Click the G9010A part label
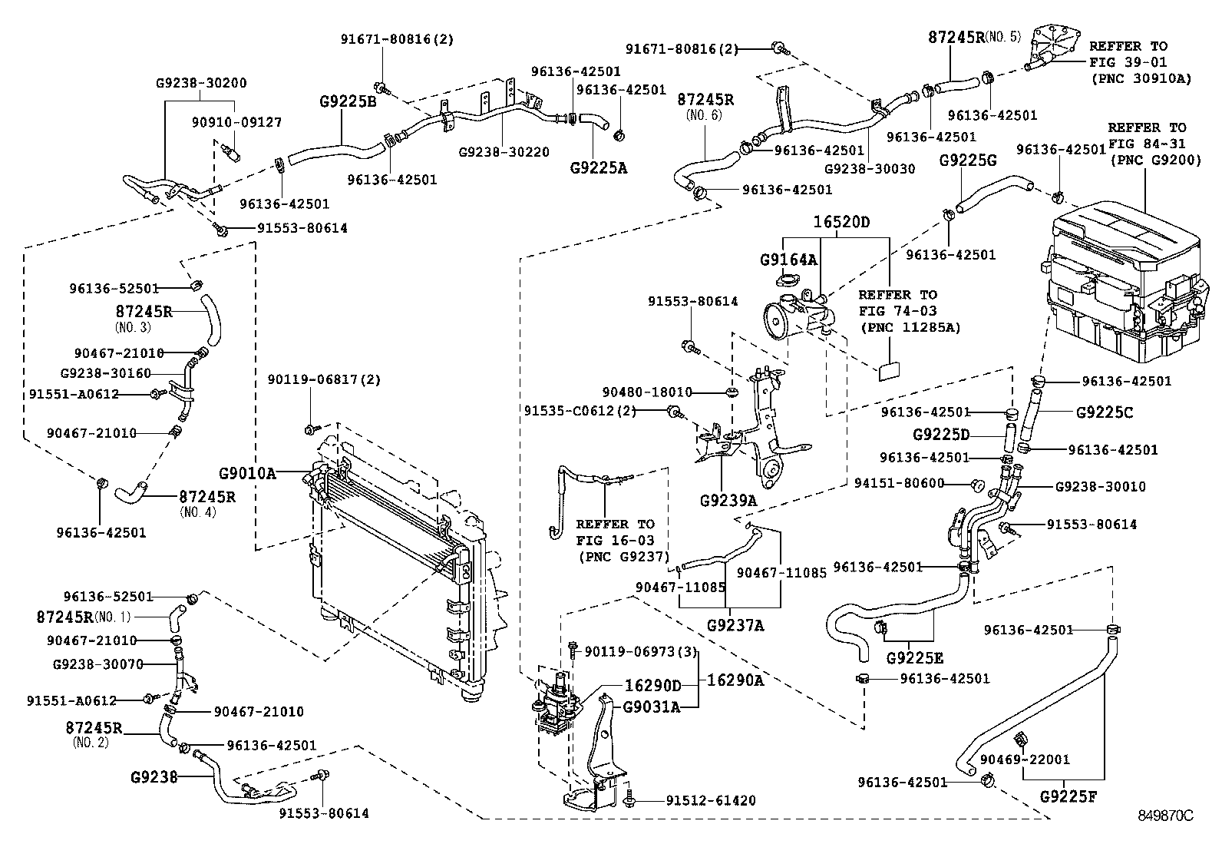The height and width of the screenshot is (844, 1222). tap(247, 473)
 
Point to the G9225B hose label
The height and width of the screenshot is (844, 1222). tap(348, 100)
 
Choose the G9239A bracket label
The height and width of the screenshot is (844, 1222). tap(728, 501)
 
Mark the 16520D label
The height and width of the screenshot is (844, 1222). tap(842, 223)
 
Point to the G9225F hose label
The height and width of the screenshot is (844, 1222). tap(1068, 796)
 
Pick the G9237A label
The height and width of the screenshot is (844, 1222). tap(735, 625)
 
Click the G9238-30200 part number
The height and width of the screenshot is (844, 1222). tap(201, 83)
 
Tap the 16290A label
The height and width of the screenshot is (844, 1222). tap(735, 680)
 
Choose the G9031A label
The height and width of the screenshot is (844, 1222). tap(651, 707)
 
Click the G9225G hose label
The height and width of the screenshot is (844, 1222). tap(968, 160)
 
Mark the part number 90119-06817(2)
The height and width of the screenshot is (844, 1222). tap(324, 379)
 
